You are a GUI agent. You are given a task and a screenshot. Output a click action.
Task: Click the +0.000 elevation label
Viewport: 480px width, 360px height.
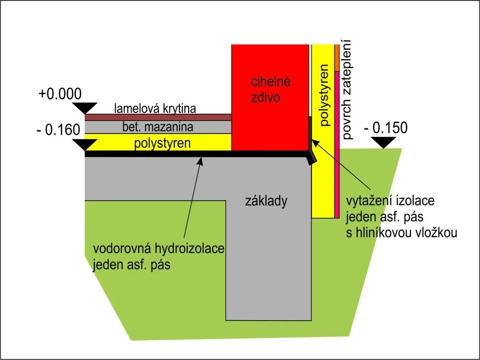click(x=60, y=94)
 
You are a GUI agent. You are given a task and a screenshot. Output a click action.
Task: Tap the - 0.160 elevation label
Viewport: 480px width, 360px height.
click(x=58, y=130)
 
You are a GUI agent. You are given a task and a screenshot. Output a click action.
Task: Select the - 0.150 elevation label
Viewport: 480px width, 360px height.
click(x=386, y=128)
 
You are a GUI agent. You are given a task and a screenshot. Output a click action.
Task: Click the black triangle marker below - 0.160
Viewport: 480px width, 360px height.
click(x=85, y=144)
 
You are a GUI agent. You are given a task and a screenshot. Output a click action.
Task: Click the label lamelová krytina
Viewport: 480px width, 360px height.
click(x=155, y=108)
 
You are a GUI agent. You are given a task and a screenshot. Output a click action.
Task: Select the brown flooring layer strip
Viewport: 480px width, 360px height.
click(x=158, y=117)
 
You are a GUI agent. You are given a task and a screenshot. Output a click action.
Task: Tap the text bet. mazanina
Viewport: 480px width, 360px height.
click(x=157, y=127)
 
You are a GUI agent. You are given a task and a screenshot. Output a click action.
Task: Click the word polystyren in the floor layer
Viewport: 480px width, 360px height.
click(x=162, y=143)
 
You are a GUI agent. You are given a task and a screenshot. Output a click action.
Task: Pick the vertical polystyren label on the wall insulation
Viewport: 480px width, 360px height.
click(x=324, y=95)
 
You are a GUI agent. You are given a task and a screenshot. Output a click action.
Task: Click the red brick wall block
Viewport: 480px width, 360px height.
click(x=270, y=97)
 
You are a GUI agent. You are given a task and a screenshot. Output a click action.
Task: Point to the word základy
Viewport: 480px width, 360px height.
click(x=266, y=201)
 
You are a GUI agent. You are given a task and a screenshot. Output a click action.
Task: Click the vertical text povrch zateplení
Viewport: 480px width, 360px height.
click(x=347, y=90)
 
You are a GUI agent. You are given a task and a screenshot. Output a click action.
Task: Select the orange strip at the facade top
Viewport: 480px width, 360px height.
click(x=337, y=58)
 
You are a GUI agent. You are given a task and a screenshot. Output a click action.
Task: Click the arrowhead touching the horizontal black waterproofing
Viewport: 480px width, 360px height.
click(x=201, y=161)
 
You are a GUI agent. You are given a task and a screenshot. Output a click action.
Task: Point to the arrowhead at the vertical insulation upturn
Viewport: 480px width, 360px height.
click(x=315, y=144)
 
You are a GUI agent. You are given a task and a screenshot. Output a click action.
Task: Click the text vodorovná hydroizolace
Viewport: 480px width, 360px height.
click(x=158, y=249)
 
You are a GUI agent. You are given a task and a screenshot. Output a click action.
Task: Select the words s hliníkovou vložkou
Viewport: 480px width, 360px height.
click(x=402, y=233)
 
